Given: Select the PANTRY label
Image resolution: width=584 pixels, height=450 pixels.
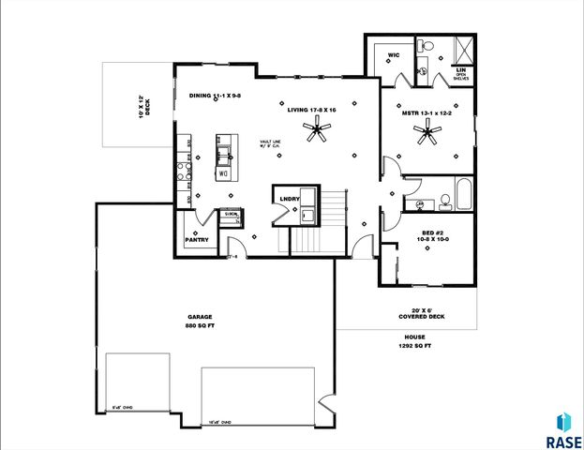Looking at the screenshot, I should click(x=196, y=241).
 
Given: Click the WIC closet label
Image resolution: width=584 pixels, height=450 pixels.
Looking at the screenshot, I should click(x=394, y=55).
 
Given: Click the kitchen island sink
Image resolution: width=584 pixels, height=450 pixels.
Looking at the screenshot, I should click(x=225, y=150).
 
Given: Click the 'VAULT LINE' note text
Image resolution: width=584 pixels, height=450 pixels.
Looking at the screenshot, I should click(x=272, y=142).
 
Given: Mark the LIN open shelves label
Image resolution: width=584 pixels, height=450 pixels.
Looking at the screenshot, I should click(x=461, y=73).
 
